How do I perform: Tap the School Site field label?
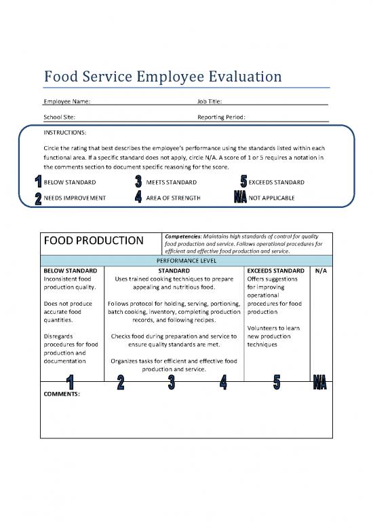coord(59,117)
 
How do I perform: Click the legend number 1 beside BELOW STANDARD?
coord(37,182)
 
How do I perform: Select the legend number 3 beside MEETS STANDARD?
coord(138,182)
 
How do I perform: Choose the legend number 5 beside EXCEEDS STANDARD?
coord(243,182)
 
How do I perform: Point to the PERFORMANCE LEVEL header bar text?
coord(186,260)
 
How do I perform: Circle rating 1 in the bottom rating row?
coord(68,383)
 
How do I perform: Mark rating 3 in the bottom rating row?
coord(172,383)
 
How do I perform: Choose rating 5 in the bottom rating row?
coord(276,383)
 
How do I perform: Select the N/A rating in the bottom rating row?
coord(320,383)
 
